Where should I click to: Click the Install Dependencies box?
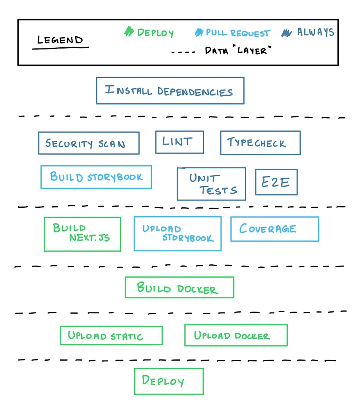pos(170,91)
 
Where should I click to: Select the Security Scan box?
pos(89,143)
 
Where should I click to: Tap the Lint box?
pos(179,142)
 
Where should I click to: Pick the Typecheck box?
pos(260,143)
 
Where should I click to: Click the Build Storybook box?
pos(96,177)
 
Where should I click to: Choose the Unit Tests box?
pos(211,184)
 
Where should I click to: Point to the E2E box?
pos(276,182)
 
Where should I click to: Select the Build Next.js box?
pos(83,234)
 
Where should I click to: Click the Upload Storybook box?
pos(178,234)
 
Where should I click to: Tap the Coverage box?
pos(275,229)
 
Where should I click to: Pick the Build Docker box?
pos(179,287)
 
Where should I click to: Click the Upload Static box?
pos(111,335)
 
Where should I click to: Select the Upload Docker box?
pos(236,335)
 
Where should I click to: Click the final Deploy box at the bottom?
pos(169,381)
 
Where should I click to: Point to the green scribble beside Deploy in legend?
pos(128,32)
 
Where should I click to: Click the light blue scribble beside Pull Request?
pos(199,33)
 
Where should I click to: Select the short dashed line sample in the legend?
pos(183,52)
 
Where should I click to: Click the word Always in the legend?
pos(315,32)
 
